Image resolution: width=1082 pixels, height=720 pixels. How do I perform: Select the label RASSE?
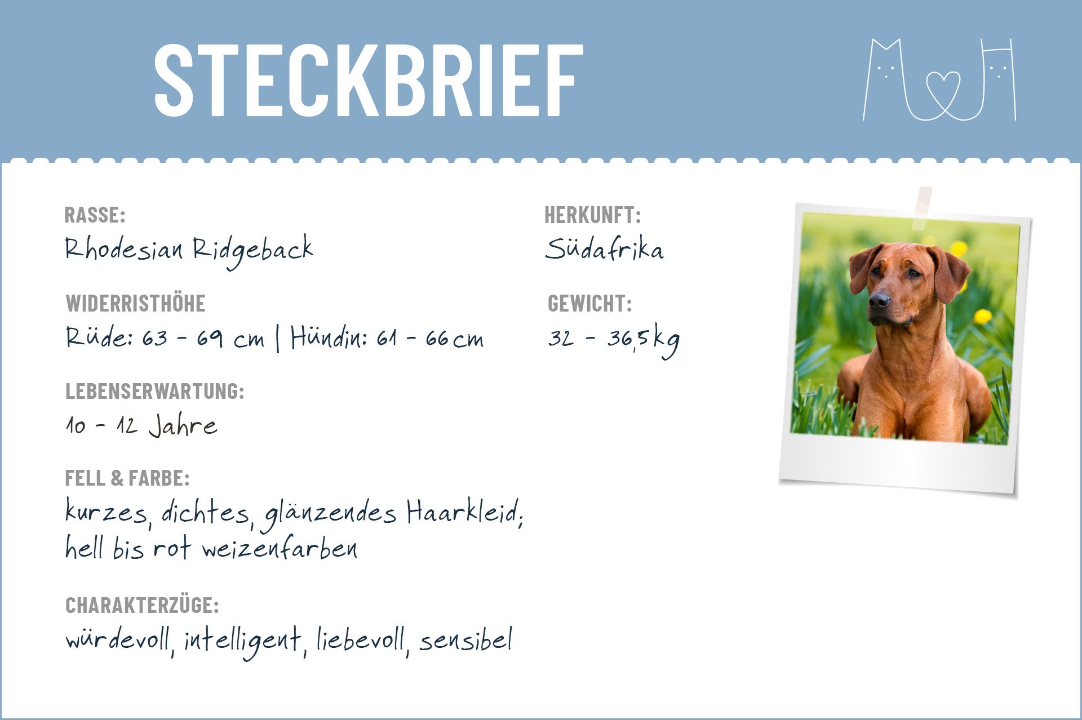coord(95,215)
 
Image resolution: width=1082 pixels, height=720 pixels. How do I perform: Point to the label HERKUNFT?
coord(592,215)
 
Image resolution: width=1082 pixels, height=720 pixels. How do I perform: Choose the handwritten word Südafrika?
coord(604,248)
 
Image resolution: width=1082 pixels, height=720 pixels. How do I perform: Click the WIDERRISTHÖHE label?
coord(135,304)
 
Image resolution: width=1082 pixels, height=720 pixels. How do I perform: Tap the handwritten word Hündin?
coord(329,337)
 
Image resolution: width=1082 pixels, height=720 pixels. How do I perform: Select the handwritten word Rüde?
coord(99,337)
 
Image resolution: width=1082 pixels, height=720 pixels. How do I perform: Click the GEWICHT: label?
coord(589,304)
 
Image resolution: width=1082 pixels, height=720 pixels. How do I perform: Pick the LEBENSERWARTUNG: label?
coord(155,391)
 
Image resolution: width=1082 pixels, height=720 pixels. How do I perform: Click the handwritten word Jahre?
coord(183,426)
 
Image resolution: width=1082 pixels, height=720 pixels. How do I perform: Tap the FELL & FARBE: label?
coord(127,478)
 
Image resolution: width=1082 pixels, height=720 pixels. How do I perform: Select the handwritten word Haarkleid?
coord(465,512)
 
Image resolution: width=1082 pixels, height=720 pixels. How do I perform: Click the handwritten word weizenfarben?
coord(280,548)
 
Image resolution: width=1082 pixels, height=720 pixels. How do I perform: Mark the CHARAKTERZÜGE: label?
coord(142,606)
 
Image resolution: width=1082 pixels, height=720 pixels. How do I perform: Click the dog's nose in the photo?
coord(879,300)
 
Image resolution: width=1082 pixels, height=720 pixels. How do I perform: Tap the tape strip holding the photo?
coord(921,208)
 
